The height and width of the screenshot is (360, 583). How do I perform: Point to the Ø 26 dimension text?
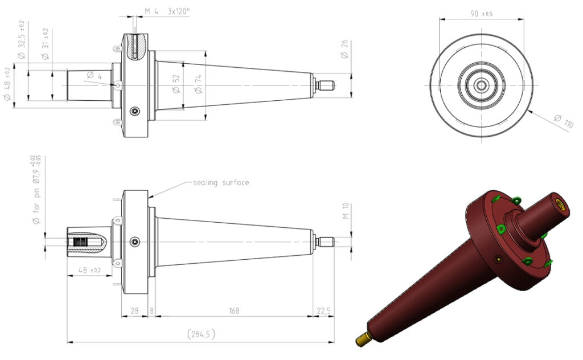coord(344,48)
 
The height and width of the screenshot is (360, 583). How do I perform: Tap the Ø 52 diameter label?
coord(176,85)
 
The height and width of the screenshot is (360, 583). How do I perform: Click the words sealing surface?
coord(220,183)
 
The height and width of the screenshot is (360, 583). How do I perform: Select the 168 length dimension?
coord(233,310)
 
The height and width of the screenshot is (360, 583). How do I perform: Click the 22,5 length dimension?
coord(324,310)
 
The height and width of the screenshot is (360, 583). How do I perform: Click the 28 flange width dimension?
coord(134,310)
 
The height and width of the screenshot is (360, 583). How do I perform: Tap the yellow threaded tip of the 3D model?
coord(362,339)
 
